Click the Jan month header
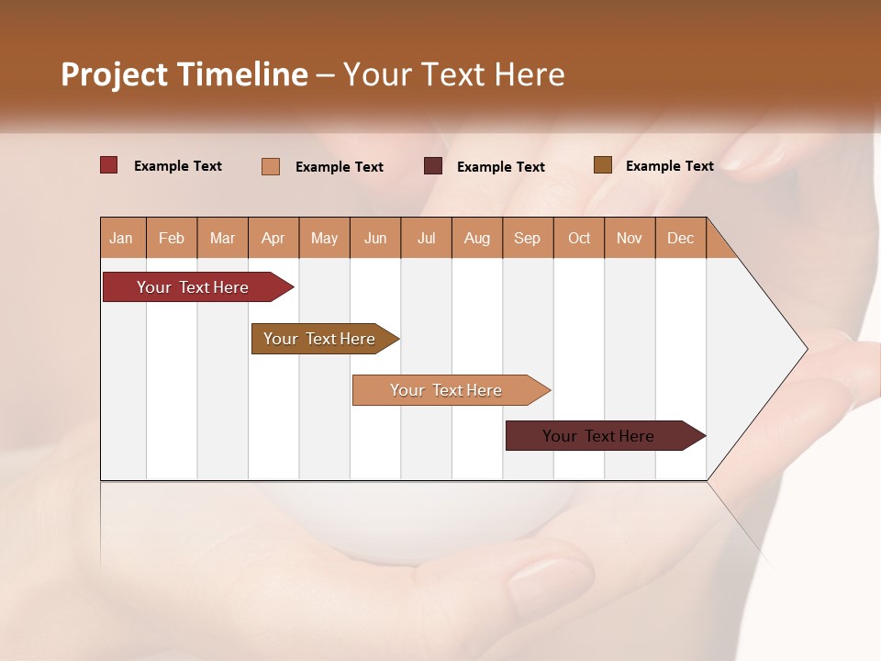coord(121,239)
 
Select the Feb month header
coord(172,239)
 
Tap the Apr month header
coord(273,239)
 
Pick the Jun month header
coord(375,239)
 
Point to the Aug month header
coord(476,239)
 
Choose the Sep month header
coord(527,239)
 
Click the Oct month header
coord(579,239)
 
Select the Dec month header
coord(680,239)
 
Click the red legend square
coord(109,165)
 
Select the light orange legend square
coord(271,166)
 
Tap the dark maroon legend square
coord(433,166)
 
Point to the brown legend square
coord(602,165)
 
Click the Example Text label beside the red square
coord(178,166)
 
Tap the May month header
coord(324,239)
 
